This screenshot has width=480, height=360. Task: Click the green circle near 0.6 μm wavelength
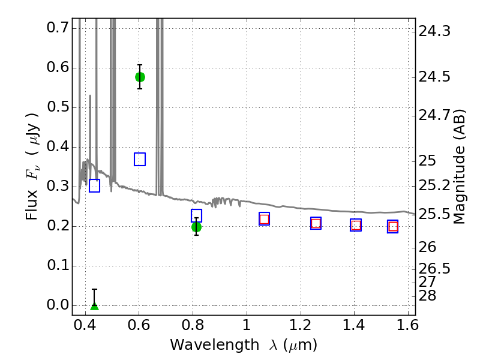pos(140,77)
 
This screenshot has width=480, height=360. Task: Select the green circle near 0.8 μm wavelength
pos(197,227)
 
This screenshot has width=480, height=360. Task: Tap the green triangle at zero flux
pos(95,306)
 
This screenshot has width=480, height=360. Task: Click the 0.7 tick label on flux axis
pos(58,28)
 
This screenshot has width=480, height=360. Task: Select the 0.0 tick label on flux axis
pos(58,305)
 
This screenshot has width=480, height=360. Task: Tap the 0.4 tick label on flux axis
pos(58,146)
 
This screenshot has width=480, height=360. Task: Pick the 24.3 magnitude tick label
pos(434,31)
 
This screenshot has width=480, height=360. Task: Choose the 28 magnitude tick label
pos(427,296)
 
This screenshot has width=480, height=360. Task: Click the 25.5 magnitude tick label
pos(434,215)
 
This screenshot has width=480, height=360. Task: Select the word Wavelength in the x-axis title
pos(215,345)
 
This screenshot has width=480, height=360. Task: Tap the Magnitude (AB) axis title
pos(459,167)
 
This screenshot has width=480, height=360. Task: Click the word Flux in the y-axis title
pos(32,205)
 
